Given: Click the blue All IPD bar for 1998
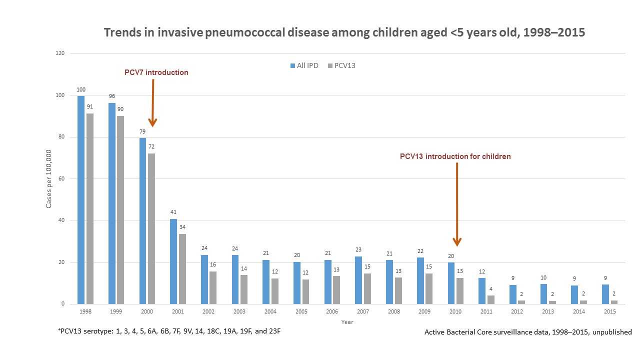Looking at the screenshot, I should (x=81, y=199).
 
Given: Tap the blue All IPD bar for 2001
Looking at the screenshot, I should (x=173, y=261).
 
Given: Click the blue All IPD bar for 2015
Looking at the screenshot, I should (x=605, y=294).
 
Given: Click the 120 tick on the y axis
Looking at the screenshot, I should (x=60, y=53).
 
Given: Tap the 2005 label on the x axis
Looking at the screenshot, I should (x=301, y=311).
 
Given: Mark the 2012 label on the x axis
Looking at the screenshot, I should (x=517, y=311).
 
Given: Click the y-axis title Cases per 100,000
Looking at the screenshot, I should (x=49, y=179).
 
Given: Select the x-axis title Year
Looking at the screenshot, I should (x=347, y=322).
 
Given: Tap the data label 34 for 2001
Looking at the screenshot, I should (x=182, y=227).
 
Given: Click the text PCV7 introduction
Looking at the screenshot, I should (x=156, y=72).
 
